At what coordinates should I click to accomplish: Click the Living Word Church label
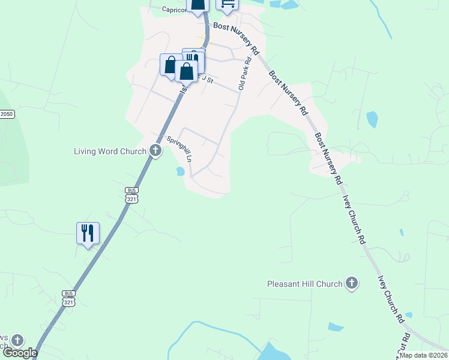click(110, 151)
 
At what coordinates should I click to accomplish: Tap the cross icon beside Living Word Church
click(155, 151)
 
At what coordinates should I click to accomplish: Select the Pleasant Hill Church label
click(305, 283)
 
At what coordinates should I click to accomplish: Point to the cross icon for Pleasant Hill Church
click(352, 283)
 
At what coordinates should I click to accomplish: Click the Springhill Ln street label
click(179, 149)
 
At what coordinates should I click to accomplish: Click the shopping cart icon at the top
click(227, 4)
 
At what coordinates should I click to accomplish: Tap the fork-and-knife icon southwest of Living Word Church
click(88, 232)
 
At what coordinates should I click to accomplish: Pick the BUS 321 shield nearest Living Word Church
click(131, 194)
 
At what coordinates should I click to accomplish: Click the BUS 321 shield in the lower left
click(68, 298)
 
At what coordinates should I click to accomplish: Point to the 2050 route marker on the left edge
click(7, 114)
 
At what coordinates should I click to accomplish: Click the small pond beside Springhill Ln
click(179, 172)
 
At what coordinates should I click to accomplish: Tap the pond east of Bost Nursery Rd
click(372, 119)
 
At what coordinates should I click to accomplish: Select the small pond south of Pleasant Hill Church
click(336, 328)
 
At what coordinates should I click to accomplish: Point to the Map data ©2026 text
click(423, 355)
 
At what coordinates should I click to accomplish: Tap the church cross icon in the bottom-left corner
click(17, 341)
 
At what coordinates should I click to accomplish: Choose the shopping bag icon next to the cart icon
click(197, 4)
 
